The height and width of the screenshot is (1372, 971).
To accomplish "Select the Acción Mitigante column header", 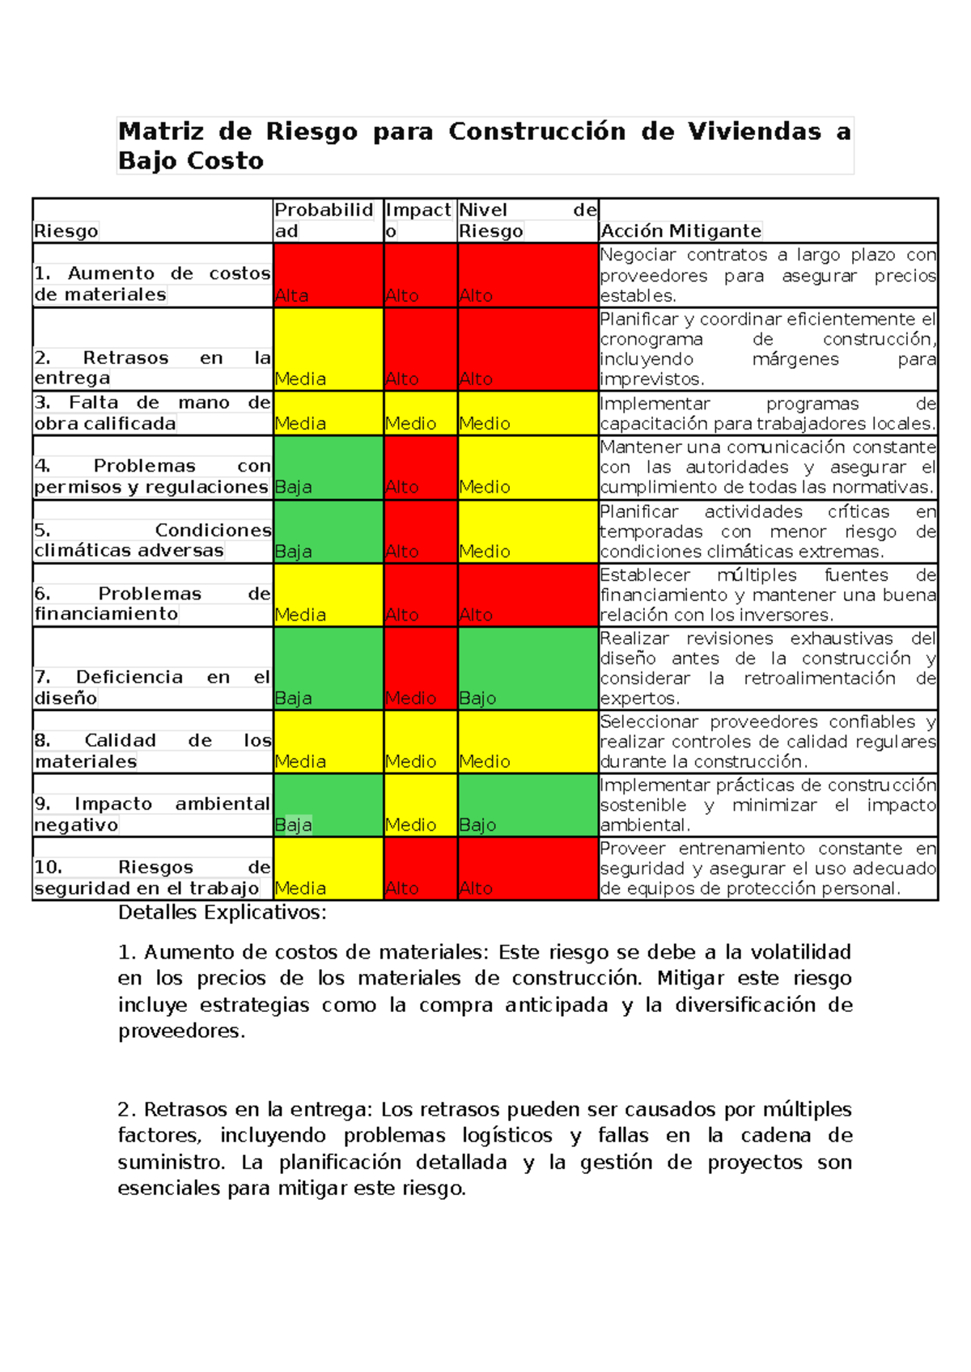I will tap(680, 231).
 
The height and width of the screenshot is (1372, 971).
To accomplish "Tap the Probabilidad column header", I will tap(324, 220).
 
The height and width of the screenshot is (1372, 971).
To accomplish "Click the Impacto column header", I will tap(418, 220).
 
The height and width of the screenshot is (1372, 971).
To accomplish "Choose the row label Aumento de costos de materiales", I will tap(152, 284).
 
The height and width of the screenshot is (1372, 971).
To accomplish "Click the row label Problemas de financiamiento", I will tap(152, 603).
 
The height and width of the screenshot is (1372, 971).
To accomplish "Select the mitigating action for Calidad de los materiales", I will tap(767, 742).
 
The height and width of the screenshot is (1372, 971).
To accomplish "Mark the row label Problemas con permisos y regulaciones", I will tap(152, 476).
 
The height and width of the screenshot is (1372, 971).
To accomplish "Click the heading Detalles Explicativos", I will tap(222, 913).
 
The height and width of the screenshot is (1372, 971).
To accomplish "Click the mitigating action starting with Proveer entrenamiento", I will tap(767, 868).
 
